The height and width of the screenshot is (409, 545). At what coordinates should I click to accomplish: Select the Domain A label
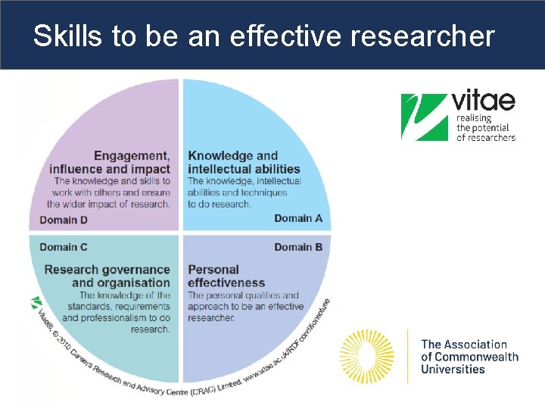point(298,219)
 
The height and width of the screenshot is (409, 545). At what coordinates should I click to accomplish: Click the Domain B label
point(298,247)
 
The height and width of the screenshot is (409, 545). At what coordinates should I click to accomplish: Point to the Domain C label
point(64,247)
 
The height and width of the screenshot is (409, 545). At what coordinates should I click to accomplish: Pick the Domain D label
point(64,220)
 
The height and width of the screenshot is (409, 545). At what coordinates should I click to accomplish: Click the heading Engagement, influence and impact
point(111,163)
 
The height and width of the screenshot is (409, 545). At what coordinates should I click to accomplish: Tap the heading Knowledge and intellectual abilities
point(243,163)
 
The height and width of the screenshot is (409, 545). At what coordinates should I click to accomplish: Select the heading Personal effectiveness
point(226,276)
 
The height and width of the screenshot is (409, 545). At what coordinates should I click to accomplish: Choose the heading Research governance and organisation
point(107,276)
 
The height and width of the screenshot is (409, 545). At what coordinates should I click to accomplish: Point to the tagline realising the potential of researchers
point(485,128)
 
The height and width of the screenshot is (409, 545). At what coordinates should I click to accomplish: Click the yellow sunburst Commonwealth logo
point(367,356)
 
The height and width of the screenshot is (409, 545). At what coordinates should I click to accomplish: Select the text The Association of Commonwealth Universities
point(469,357)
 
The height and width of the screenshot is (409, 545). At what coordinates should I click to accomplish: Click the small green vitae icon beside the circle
point(36,303)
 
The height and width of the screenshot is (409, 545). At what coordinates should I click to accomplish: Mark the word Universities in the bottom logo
point(453,370)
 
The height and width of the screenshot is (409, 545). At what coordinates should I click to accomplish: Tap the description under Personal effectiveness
point(244,307)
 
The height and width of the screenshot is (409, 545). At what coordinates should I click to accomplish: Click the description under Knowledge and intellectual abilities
point(244,192)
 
